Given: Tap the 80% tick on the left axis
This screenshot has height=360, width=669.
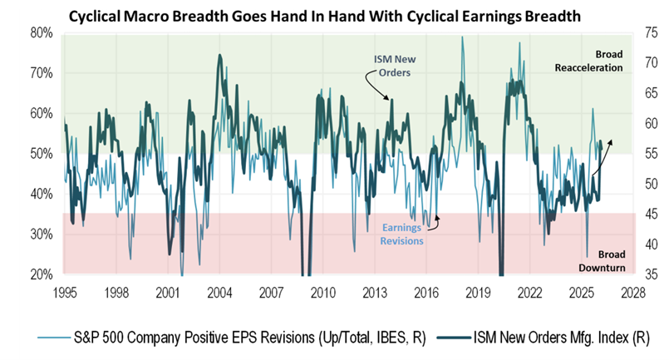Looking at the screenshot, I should point(42,33).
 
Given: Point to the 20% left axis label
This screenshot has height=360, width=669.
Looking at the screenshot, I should point(42,275).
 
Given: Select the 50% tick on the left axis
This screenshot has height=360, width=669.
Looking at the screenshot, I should point(42,155).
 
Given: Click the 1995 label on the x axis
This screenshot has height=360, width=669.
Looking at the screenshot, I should point(66,293).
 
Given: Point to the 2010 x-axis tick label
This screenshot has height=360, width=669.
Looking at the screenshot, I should point(322,293).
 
